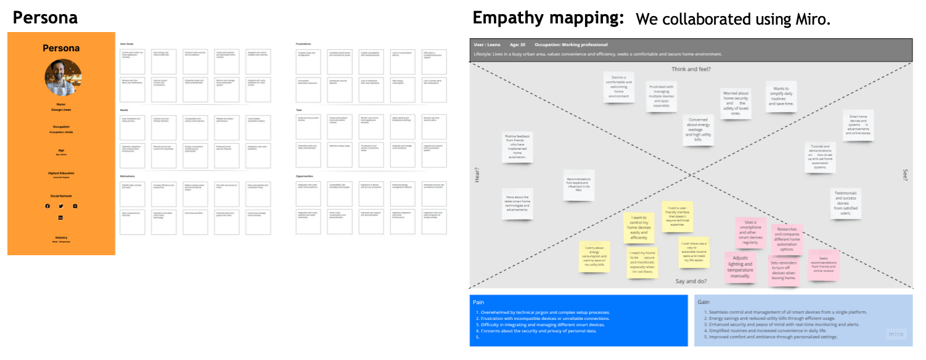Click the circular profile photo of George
coord(63,78)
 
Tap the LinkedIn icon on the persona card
coord(61,218)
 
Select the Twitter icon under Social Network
coord(61,206)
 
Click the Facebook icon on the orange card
coord(47,206)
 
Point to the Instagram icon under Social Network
coord(75,206)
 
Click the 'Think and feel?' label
coord(691,69)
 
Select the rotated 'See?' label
coord(905,175)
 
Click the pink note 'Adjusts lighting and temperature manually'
coord(740,267)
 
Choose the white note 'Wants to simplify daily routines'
coord(781,97)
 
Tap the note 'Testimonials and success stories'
coord(846,203)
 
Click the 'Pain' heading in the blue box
coord(478,302)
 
